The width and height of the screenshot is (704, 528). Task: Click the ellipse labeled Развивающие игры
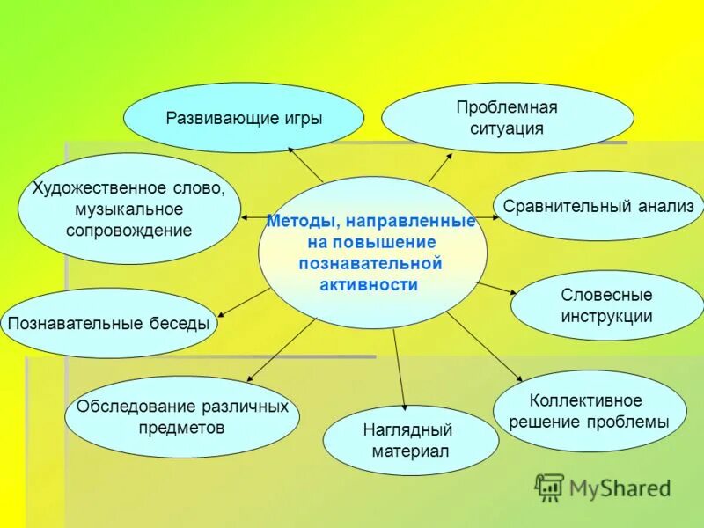(x=243, y=118)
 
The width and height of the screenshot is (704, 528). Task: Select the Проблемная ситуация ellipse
(x=507, y=118)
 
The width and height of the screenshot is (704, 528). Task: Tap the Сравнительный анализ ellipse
(x=598, y=206)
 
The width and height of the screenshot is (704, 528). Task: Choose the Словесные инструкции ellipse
(x=606, y=305)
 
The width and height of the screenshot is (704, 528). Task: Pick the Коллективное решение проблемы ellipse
(x=589, y=411)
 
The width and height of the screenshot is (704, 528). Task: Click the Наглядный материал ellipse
(x=409, y=440)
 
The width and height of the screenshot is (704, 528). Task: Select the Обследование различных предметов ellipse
(x=182, y=417)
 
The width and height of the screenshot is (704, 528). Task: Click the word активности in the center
(x=370, y=284)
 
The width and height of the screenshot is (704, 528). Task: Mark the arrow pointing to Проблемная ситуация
(x=440, y=166)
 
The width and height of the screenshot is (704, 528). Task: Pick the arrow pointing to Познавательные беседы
(x=243, y=302)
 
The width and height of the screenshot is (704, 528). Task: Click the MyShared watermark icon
(x=549, y=487)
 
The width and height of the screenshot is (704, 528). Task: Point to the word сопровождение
(x=128, y=231)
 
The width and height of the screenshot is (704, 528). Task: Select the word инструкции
(x=606, y=317)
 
